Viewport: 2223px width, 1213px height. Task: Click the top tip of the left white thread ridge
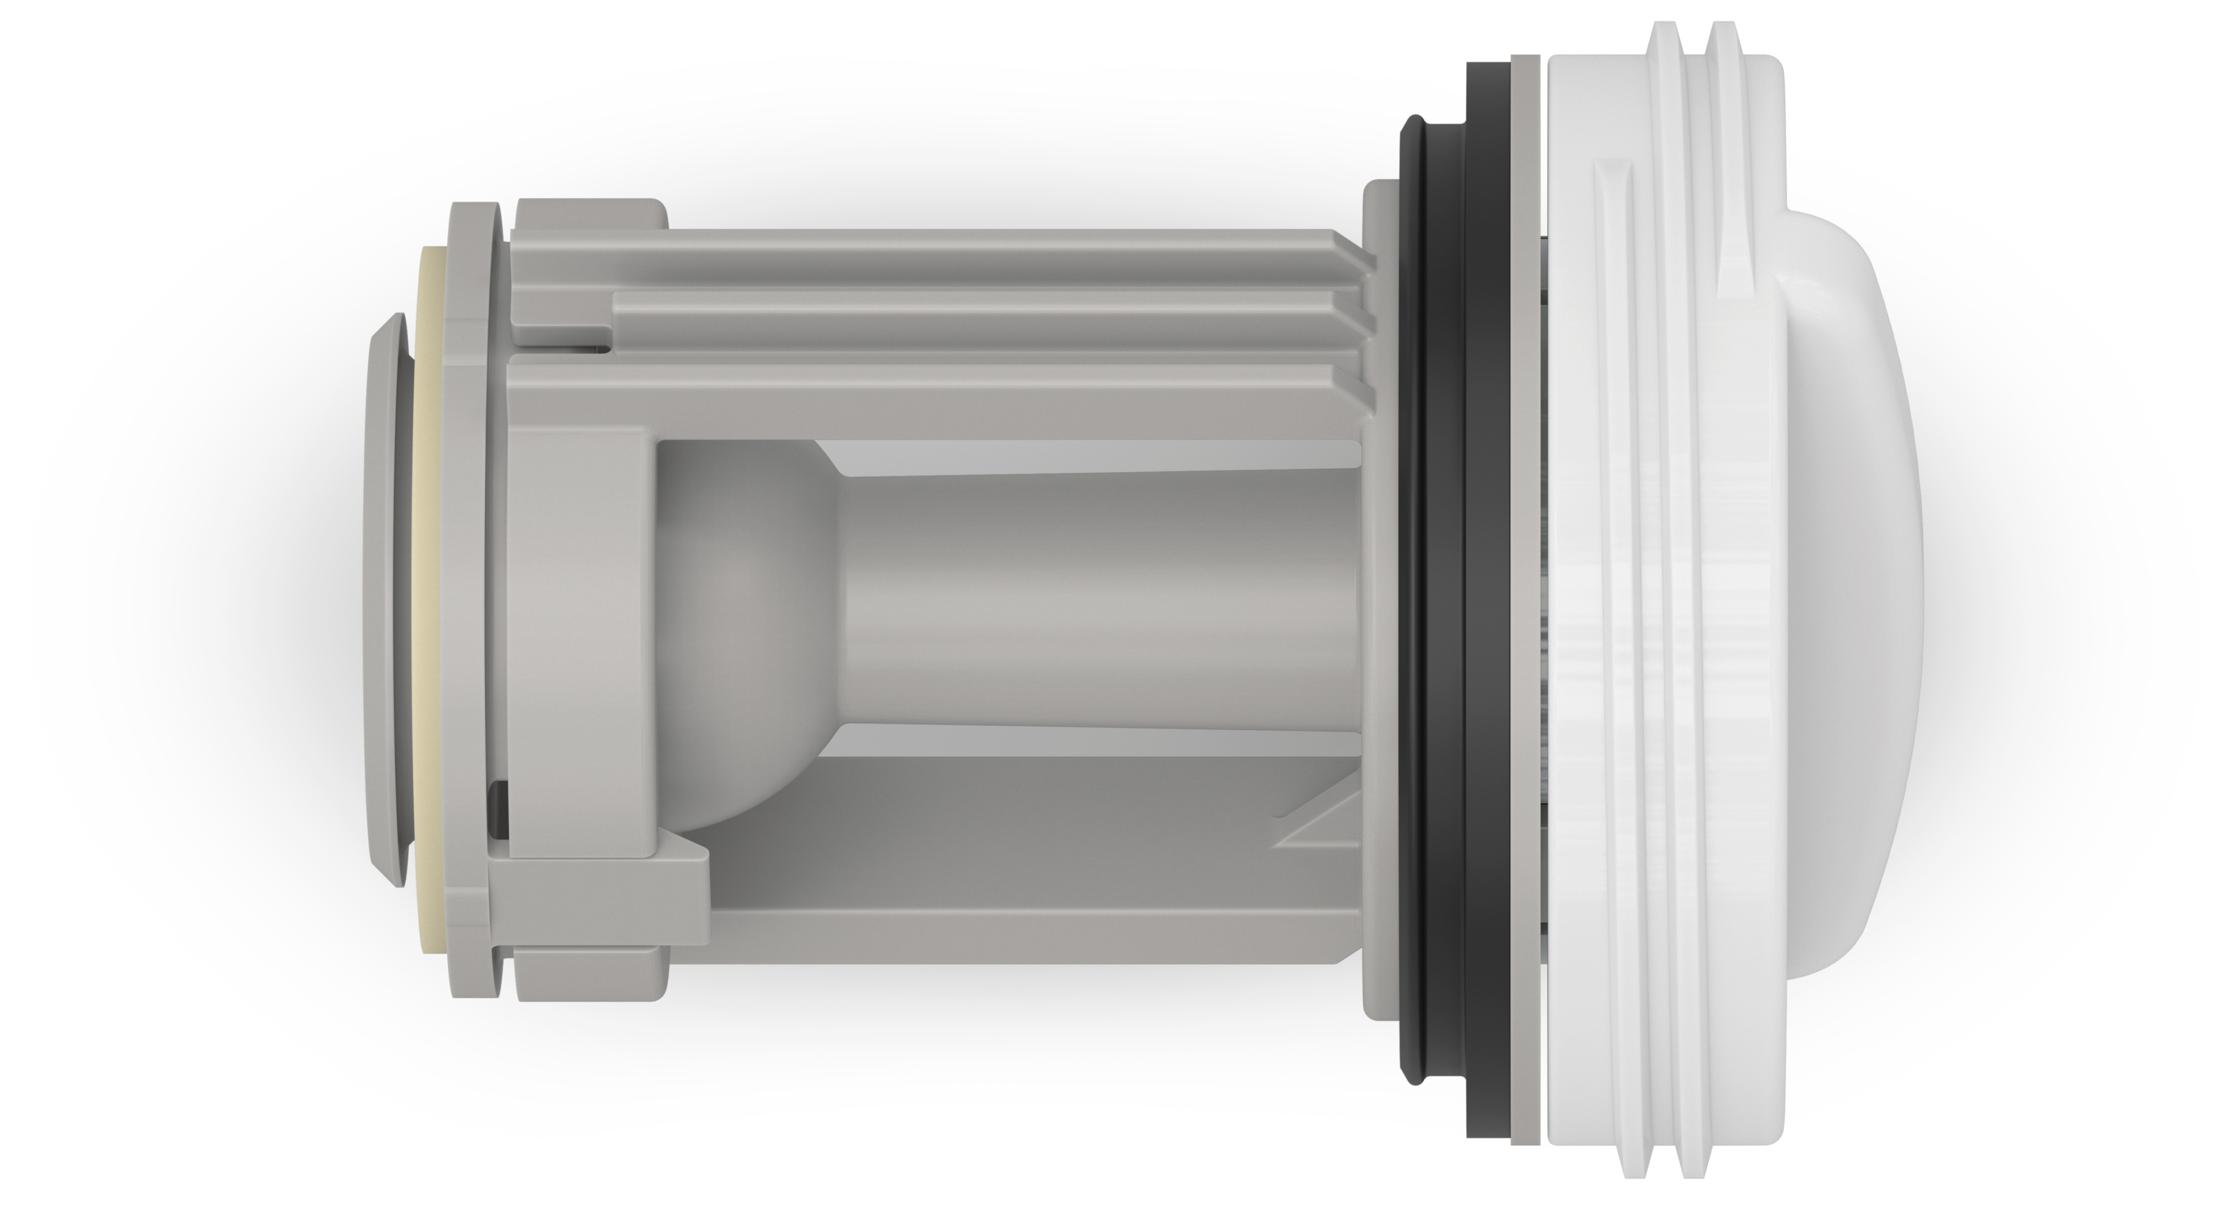tap(1661, 35)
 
